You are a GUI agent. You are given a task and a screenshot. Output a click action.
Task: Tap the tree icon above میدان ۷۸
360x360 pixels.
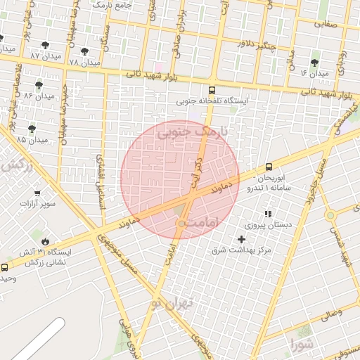click(x=84, y=51)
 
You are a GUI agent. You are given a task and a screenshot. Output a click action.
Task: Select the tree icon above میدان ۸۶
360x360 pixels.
click(x=39, y=85)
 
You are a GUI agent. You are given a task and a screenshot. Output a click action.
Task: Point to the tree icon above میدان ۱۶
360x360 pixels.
click(x=314, y=63)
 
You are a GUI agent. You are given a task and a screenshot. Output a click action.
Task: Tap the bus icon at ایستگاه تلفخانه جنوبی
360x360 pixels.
click(x=212, y=90)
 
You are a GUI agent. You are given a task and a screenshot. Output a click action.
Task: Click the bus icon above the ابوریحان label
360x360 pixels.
click(x=269, y=167)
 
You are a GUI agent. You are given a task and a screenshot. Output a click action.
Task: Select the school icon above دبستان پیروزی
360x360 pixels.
click(x=267, y=213)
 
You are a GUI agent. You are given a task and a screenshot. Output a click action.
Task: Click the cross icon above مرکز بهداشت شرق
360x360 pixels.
click(x=242, y=239)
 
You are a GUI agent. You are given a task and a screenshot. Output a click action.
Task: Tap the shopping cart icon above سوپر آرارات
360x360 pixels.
click(x=37, y=193)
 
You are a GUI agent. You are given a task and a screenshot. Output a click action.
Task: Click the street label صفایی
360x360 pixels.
click(x=325, y=24)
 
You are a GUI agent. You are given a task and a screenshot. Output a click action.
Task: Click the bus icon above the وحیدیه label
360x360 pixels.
click(x=5, y=267)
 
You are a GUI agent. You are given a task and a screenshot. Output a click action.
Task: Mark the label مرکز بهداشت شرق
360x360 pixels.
click(x=242, y=250)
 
